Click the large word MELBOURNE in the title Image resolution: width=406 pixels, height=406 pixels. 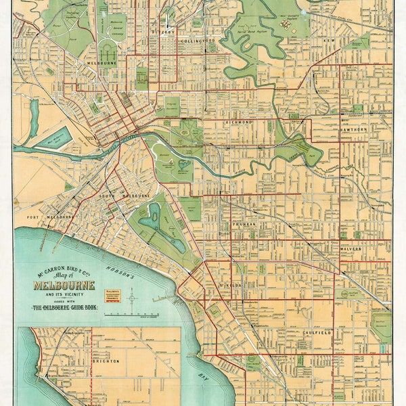click(x=64, y=285)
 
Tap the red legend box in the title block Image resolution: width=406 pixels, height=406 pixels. click(x=104, y=294)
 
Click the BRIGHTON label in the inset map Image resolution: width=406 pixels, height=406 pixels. click(x=105, y=361)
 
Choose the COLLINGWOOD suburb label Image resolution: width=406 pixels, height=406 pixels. click(x=198, y=41)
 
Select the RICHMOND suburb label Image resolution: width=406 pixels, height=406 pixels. click(x=238, y=122)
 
